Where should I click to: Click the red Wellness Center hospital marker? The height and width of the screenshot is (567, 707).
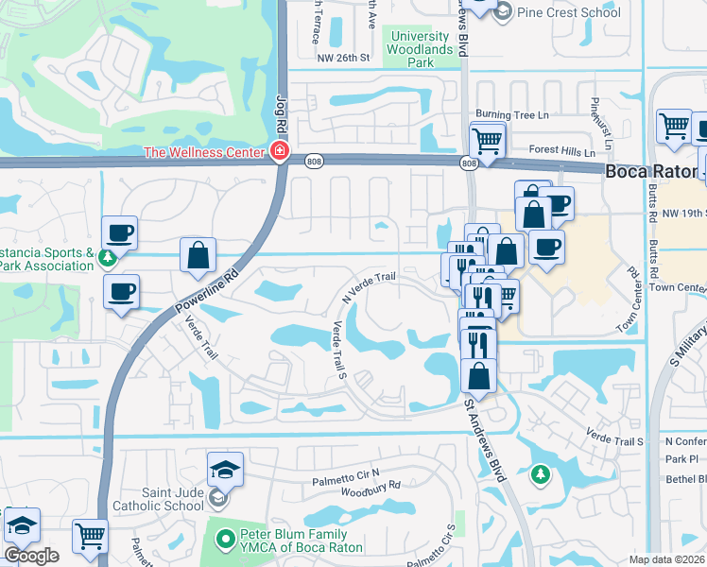point(279,151)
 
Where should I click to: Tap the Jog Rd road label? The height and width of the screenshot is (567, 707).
point(281,112)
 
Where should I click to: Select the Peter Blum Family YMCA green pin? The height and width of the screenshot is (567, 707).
point(225,540)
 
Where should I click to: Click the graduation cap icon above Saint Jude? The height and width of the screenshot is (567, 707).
point(226,469)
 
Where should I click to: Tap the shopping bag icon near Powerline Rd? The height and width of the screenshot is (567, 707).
point(198,254)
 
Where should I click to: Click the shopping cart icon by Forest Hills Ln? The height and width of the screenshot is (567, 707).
point(487,142)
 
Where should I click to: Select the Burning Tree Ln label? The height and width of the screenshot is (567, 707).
point(511,114)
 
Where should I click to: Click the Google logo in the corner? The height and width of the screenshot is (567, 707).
point(31,556)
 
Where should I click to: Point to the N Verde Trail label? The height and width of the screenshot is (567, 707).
point(368,284)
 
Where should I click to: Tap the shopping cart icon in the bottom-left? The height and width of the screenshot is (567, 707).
point(90,536)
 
